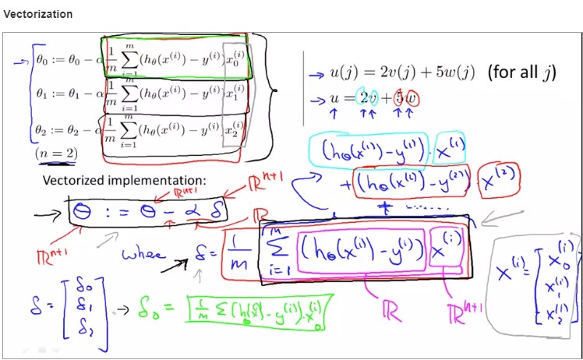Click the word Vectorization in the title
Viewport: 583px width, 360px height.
tap(38, 14)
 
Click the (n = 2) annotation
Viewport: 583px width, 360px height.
tap(56, 154)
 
